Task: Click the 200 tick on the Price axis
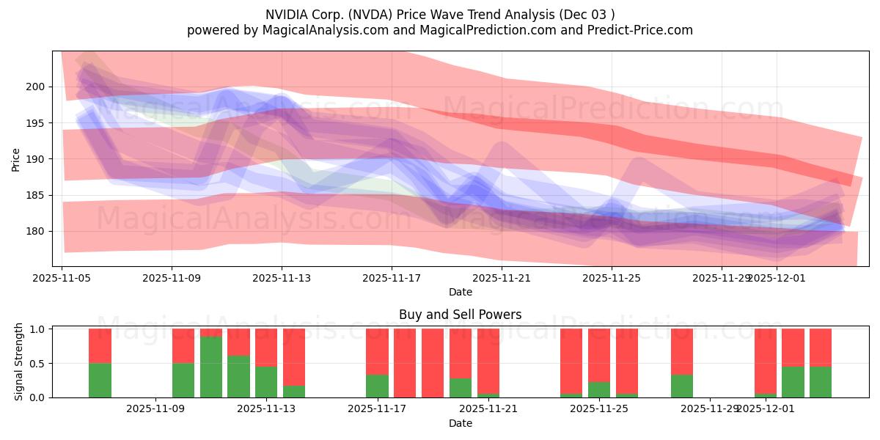click(x=37, y=87)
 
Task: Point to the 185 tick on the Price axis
click(x=37, y=195)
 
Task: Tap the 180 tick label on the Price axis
click(x=37, y=231)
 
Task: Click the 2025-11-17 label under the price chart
click(x=392, y=278)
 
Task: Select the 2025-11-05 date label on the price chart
click(x=62, y=278)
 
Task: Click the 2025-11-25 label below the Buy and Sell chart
click(x=599, y=408)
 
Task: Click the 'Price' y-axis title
click(x=16, y=158)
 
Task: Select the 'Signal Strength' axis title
click(x=20, y=363)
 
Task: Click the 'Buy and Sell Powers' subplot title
click(x=460, y=315)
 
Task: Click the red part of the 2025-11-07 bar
click(x=100, y=345)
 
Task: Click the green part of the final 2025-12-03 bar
click(x=821, y=382)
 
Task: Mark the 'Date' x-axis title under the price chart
click(x=460, y=292)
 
